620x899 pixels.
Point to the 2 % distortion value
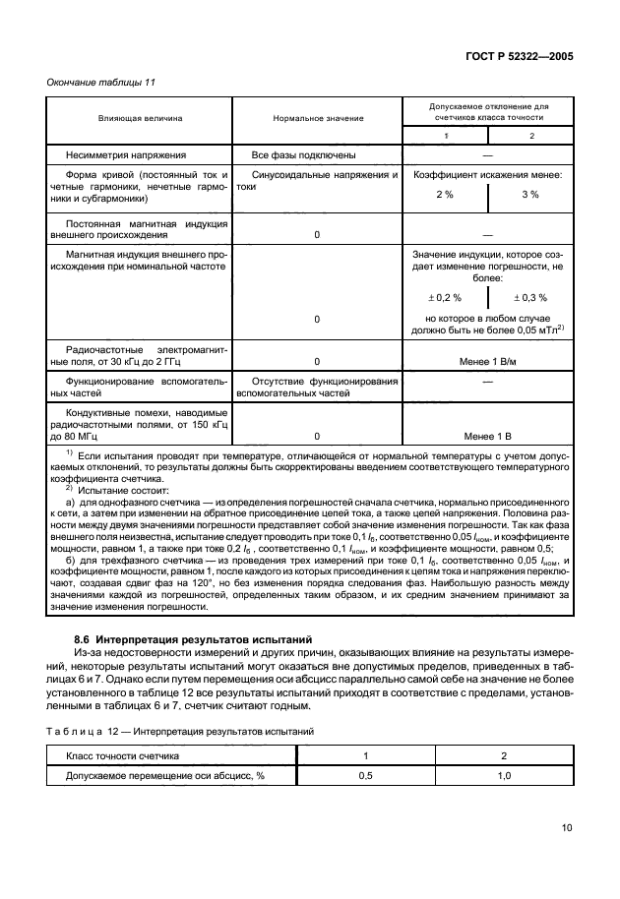[444, 195]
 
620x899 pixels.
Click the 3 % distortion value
[529, 195]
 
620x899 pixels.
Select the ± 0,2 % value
[444, 297]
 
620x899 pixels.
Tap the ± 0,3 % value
[529, 297]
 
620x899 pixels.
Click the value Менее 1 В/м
[487, 361]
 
